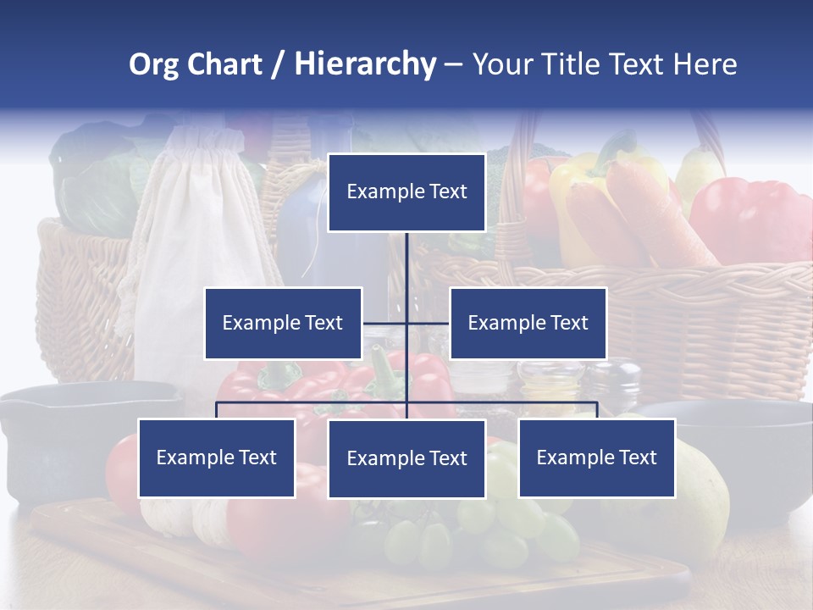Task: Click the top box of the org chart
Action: coord(406,192)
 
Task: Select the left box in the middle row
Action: coord(283,323)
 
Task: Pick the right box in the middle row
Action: coord(528,323)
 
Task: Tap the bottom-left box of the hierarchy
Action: coord(217,457)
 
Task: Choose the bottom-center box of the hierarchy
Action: coord(406,458)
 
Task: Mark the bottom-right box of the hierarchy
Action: coord(596,457)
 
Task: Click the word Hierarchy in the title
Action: coord(365,64)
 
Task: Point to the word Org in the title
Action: coord(153,65)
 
